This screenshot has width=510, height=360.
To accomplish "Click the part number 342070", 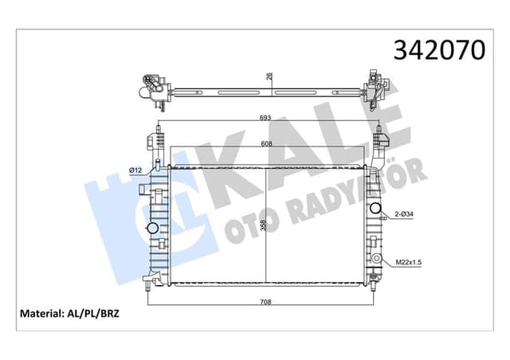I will pyautogui.click(x=439, y=49).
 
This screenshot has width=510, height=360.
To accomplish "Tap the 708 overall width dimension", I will pyautogui.click(x=265, y=301).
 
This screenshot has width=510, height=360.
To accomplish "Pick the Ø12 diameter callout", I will pyautogui.click(x=135, y=169).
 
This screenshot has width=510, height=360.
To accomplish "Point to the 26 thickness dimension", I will pyautogui.click(x=269, y=76).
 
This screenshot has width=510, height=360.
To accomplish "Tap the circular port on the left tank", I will pyautogui.click(x=151, y=230).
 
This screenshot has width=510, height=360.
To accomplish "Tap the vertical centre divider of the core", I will pyautogui.click(x=264, y=225).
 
